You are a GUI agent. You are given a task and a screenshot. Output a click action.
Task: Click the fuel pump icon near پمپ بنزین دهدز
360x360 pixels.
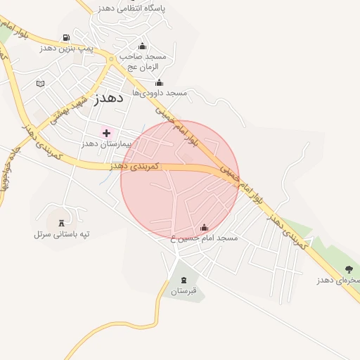65,37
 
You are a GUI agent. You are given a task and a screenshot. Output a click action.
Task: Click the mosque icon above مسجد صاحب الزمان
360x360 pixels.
143,46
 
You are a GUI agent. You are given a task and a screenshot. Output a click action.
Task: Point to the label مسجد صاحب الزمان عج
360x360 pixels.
143,61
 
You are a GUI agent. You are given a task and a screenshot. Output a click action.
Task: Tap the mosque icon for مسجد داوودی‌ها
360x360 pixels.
159,82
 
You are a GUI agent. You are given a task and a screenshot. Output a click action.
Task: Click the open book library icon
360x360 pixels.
40,84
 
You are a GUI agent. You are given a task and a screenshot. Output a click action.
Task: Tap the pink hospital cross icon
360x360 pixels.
106,133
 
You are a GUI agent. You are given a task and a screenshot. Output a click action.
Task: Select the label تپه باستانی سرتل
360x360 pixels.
61,233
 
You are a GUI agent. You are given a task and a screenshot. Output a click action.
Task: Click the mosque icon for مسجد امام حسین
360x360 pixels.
204,228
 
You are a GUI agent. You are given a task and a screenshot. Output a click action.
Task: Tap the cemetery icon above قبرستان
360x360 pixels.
184,281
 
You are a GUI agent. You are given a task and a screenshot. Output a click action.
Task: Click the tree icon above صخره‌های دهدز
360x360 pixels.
348,269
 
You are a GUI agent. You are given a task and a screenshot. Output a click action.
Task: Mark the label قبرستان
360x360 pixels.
184,291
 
